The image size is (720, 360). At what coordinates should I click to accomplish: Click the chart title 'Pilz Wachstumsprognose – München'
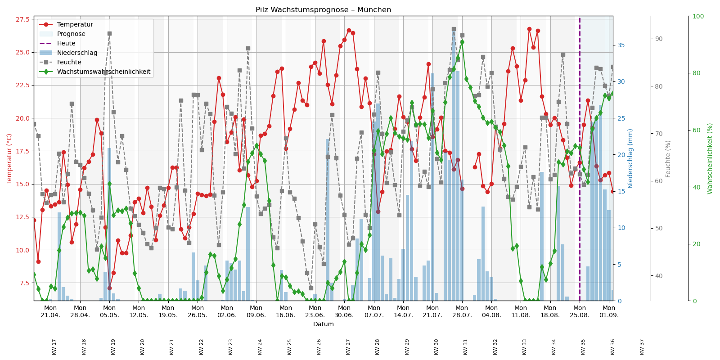click(x=323, y=10)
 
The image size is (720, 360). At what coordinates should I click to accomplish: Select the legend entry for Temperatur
click(x=75, y=24)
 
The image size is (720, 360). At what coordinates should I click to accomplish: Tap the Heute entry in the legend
click(x=66, y=43)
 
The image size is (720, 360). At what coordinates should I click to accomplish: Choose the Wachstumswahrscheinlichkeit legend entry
click(x=103, y=72)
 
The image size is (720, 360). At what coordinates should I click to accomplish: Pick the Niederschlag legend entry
click(x=77, y=53)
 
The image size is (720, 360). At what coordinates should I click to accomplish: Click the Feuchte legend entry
click(x=69, y=62)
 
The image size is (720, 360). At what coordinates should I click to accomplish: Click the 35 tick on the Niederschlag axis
click(x=621, y=45)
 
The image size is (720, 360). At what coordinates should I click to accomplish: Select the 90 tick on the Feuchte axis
click(x=659, y=39)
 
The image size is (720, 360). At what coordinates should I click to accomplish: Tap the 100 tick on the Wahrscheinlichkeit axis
click(x=698, y=16)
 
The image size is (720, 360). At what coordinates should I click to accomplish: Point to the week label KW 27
click(x=348, y=346)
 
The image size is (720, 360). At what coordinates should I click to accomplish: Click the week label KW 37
click(x=642, y=346)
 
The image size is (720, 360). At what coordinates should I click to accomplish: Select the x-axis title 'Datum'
click(x=323, y=324)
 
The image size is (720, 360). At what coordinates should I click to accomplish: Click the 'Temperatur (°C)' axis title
click(x=9, y=158)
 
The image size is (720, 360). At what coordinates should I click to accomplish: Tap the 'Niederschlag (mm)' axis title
click(x=630, y=158)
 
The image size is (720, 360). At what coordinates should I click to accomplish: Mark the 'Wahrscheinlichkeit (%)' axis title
click(x=710, y=158)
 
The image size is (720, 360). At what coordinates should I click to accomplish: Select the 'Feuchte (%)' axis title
click(x=668, y=158)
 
